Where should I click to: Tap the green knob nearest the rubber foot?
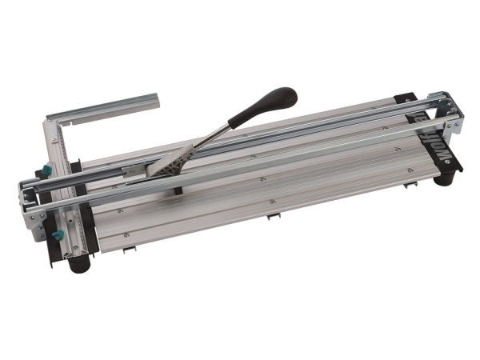click(57, 236)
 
